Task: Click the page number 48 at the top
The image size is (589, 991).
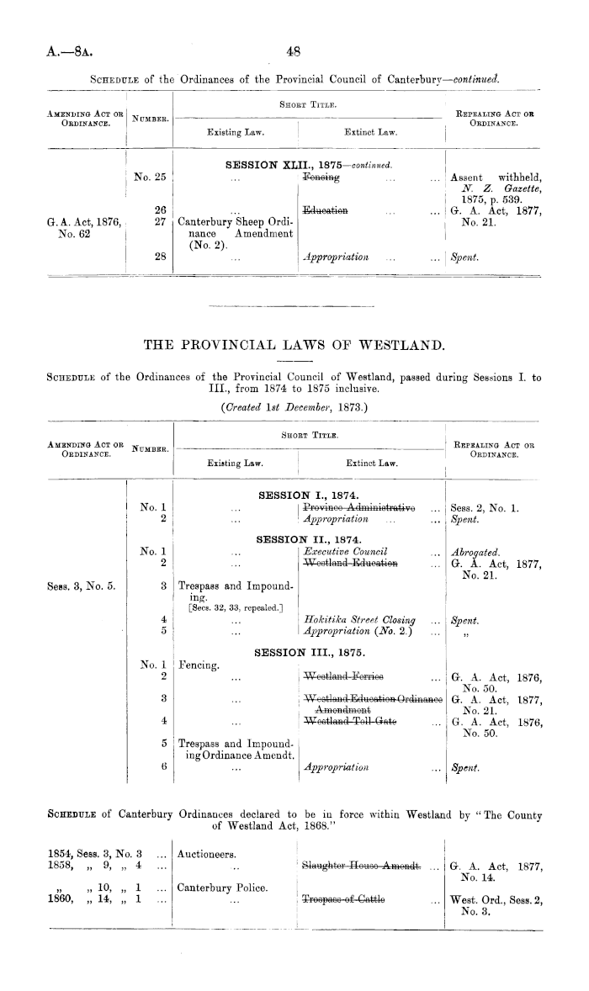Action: pyautogui.click(x=294, y=50)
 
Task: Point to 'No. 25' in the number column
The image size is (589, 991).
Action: pyautogui.click(x=151, y=178)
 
